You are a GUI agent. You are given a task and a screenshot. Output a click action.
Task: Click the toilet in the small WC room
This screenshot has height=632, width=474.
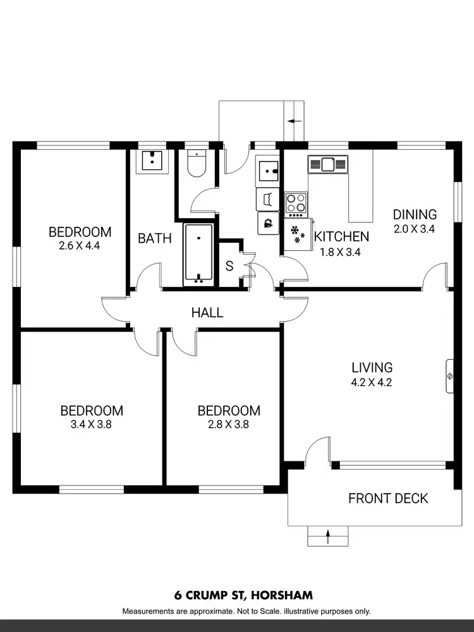click(x=197, y=164)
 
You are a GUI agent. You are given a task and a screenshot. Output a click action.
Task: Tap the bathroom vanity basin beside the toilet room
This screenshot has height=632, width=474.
click(x=152, y=161)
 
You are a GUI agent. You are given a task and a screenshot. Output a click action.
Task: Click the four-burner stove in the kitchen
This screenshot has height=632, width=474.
click(x=295, y=204)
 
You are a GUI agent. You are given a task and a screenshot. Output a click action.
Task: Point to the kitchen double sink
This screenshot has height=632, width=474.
click(x=327, y=164)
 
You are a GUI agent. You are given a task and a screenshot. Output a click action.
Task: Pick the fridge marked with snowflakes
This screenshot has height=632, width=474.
click(x=296, y=234)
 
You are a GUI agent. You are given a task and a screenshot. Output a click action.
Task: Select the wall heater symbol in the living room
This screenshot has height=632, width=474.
click(x=449, y=376)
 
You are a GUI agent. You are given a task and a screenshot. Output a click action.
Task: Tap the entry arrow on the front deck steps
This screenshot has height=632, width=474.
click(x=328, y=537)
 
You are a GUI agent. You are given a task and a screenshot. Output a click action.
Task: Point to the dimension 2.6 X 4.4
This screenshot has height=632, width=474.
click(x=80, y=246)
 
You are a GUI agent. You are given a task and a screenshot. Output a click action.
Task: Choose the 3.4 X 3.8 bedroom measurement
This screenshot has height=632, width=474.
click(x=91, y=425)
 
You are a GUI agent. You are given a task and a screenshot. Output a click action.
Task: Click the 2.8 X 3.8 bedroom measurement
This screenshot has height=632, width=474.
click(x=228, y=425)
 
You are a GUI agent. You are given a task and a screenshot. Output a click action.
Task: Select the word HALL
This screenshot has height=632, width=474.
click(x=207, y=312)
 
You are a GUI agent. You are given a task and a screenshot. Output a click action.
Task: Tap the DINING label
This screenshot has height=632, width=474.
click(x=414, y=214)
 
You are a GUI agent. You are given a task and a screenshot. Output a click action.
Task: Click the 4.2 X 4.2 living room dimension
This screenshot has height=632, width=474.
click(x=372, y=382)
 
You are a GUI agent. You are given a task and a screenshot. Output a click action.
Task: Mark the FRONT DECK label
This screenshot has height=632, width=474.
click(x=388, y=499)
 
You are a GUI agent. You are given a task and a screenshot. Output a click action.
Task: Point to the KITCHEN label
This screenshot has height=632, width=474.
click(x=341, y=237)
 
